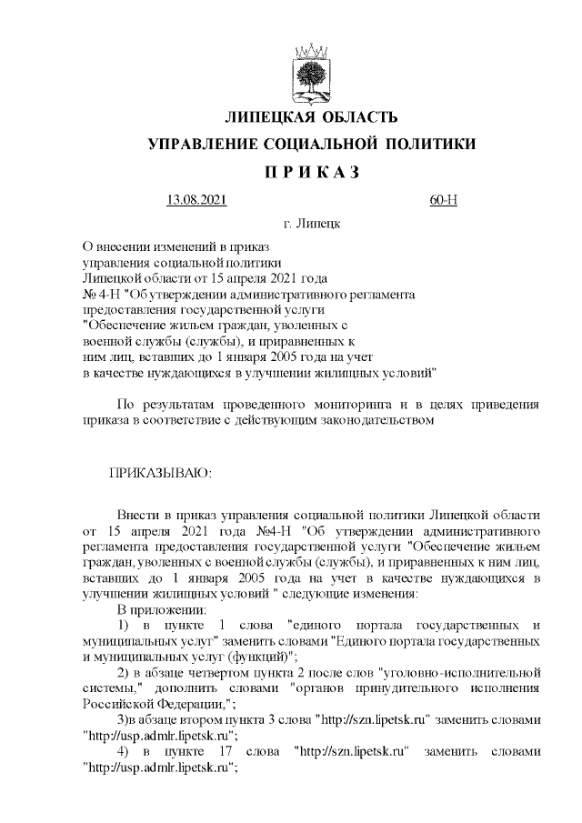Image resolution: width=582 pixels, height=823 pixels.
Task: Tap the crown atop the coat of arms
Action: (x=311, y=48)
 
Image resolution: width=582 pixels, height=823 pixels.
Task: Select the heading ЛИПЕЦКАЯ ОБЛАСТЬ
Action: (x=311, y=118)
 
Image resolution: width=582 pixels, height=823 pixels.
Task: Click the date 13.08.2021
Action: (x=196, y=200)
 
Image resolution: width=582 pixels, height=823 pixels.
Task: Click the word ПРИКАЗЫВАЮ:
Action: (x=160, y=474)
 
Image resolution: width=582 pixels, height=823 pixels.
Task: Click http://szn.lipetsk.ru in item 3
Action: (x=372, y=719)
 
